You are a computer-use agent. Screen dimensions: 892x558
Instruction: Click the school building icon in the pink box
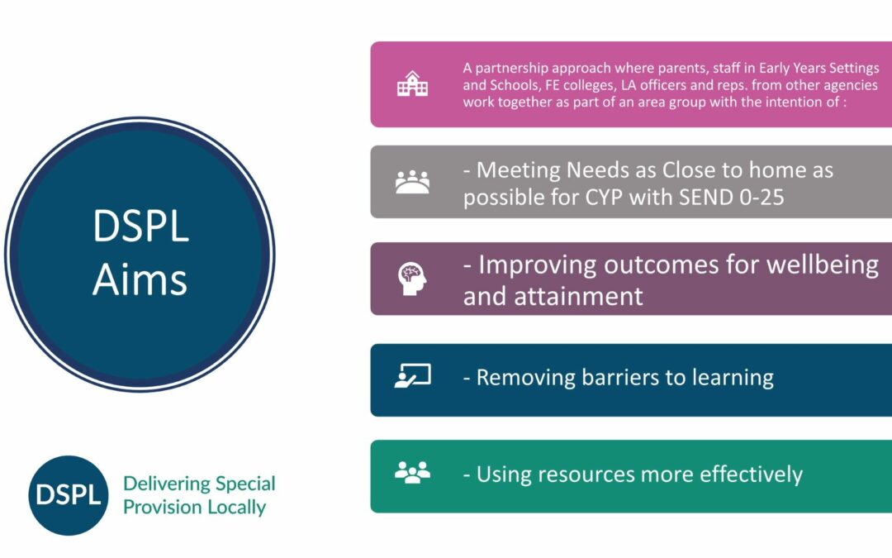point(412,83)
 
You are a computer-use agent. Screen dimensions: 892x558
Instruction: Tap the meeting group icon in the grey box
point(412,182)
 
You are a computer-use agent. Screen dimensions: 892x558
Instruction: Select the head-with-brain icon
point(412,279)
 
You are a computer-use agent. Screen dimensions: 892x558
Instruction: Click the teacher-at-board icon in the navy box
point(412,376)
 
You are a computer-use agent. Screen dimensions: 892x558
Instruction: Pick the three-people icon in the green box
point(412,473)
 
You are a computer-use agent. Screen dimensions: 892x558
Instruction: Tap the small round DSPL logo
point(69,495)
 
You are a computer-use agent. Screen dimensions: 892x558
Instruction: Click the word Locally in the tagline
point(236,508)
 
